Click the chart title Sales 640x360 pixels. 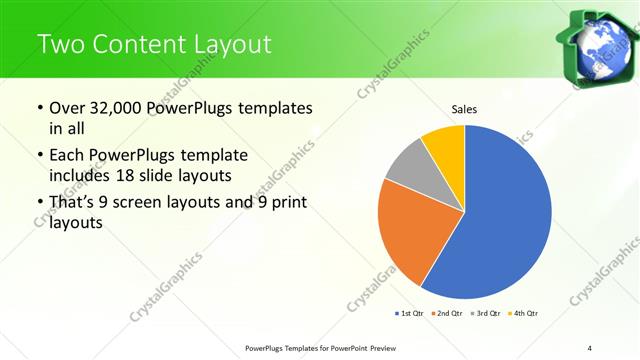pos(464,108)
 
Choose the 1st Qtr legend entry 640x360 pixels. pos(410,314)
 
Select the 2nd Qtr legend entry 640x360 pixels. pos(446,314)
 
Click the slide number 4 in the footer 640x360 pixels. pos(590,347)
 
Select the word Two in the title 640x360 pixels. pos(60,44)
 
